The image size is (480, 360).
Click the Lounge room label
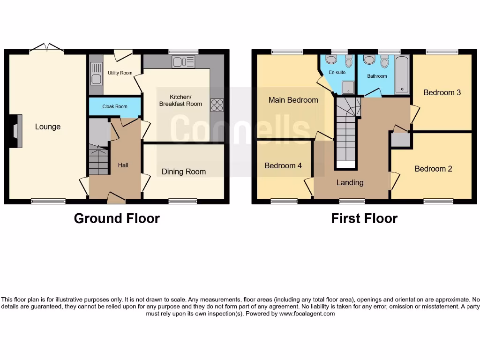click(47, 127)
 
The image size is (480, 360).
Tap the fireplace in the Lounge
click(16, 131)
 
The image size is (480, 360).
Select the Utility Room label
click(120, 73)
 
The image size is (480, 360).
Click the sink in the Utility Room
click(96, 79)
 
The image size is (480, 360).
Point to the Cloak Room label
click(115, 106)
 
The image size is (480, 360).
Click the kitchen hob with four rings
click(217, 105)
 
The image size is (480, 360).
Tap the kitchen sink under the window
click(183, 61)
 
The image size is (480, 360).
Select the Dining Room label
click(183, 172)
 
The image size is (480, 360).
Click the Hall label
click(123, 165)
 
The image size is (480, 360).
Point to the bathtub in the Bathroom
click(402, 74)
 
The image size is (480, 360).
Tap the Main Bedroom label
click(293, 100)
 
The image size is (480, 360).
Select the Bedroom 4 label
click(283, 165)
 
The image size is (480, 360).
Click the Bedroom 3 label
click(442, 92)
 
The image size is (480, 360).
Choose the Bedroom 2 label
click(433, 169)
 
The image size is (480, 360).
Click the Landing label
click(350, 182)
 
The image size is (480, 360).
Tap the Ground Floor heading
click(117, 218)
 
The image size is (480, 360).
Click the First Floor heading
click(364, 218)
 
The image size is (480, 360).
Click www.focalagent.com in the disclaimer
click(307, 314)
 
